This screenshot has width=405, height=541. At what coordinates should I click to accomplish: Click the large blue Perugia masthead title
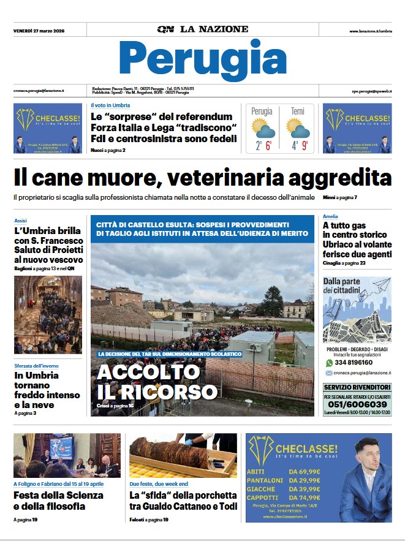[x=203, y=59]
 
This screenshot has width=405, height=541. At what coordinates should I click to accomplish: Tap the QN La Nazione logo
[x=203, y=29]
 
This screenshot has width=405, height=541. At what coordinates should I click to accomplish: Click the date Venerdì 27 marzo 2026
[x=39, y=31]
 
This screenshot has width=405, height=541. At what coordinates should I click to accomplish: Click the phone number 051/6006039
[x=357, y=404]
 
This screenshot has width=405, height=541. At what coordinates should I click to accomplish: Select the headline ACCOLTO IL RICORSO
[x=157, y=382]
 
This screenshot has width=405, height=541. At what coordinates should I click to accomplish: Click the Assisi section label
[x=20, y=220]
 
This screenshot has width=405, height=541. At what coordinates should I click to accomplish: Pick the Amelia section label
[x=330, y=216]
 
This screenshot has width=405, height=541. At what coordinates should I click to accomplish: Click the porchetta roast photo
[x=183, y=456]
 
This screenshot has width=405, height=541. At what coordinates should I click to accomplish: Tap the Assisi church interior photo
[x=48, y=314]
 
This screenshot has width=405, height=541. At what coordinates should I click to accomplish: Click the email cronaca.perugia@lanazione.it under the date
[x=39, y=91]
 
